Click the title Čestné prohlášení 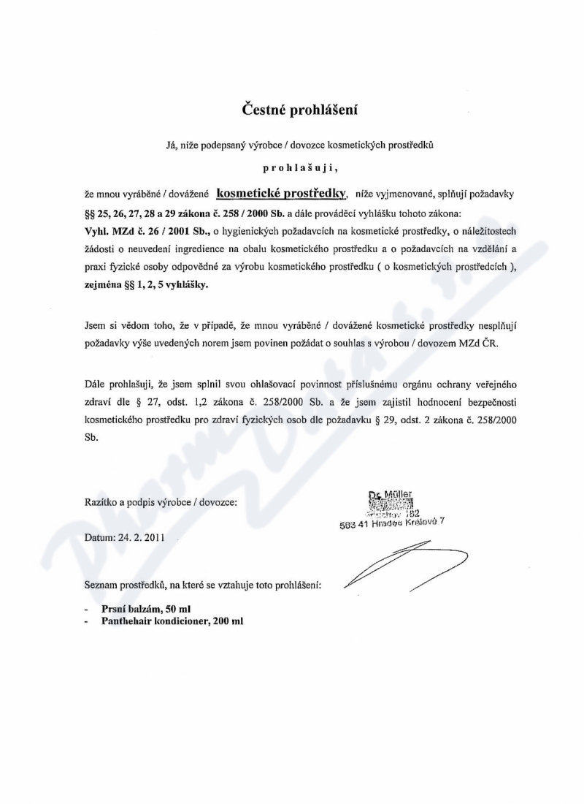pos(301,110)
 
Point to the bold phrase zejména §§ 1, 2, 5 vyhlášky pos(147,287)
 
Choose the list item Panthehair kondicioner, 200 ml pos(172,621)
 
